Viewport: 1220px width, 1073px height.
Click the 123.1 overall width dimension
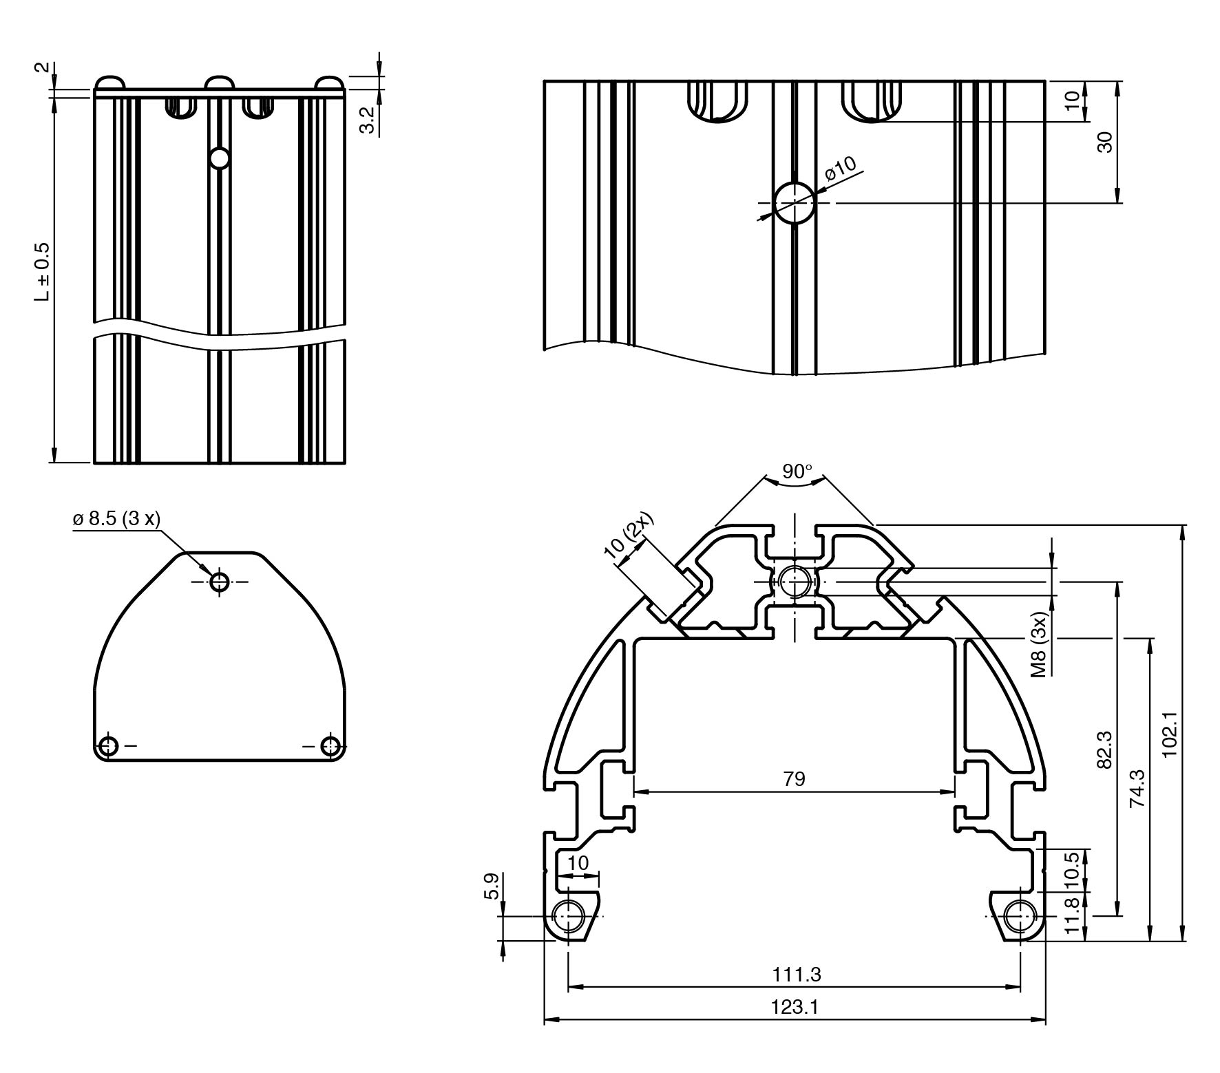point(795,1007)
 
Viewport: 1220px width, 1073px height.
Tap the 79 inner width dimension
point(794,779)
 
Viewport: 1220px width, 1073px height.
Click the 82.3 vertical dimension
point(1104,750)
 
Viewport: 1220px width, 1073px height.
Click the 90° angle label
point(797,471)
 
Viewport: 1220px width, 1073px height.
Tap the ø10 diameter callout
point(841,169)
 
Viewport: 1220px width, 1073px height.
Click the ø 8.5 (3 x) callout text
point(116,518)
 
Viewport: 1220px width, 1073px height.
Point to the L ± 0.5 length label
point(43,271)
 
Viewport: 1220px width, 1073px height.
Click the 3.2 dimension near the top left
point(368,118)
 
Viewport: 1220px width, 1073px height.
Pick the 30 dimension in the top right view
point(1104,142)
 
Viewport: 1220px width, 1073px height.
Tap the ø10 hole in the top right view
point(795,203)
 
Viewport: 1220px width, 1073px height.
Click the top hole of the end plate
point(220,582)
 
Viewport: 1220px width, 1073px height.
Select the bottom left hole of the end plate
point(109,745)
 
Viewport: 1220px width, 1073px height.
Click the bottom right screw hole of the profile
point(1020,917)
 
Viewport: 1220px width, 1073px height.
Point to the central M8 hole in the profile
point(795,581)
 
